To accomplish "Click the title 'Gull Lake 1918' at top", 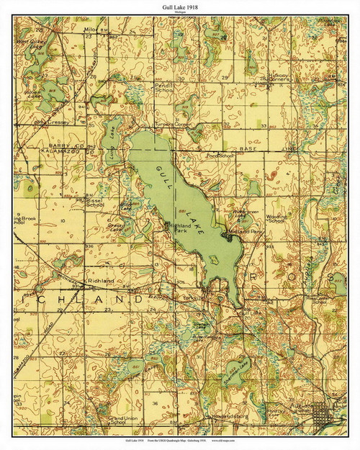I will pyautogui.click(x=180, y=6).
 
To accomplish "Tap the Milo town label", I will pyautogui.click(x=90, y=30).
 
